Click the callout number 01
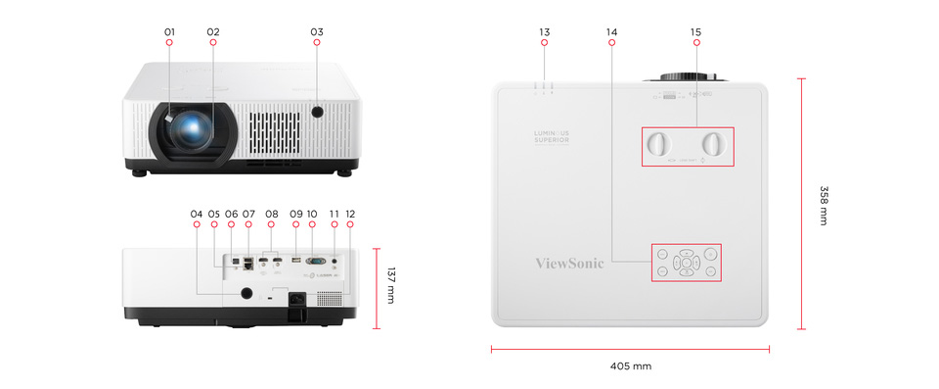click(x=169, y=32)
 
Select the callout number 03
click(x=317, y=32)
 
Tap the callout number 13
click(x=544, y=32)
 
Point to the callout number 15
click(x=695, y=32)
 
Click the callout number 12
click(x=350, y=214)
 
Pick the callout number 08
click(x=272, y=214)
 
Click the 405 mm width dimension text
click(x=630, y=366)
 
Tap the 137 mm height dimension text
click(x=389, y=283)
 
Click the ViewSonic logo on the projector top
click(x=570, y=263)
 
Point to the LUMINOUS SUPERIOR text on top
click(x=550, y=135)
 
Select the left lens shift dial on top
click(x=658, y=144)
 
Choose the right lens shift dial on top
click(x=717, y=144)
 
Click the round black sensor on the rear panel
click(x=245, y=293)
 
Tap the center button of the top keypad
click(x=687, y=263)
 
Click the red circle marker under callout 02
click(x=213, y=43)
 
